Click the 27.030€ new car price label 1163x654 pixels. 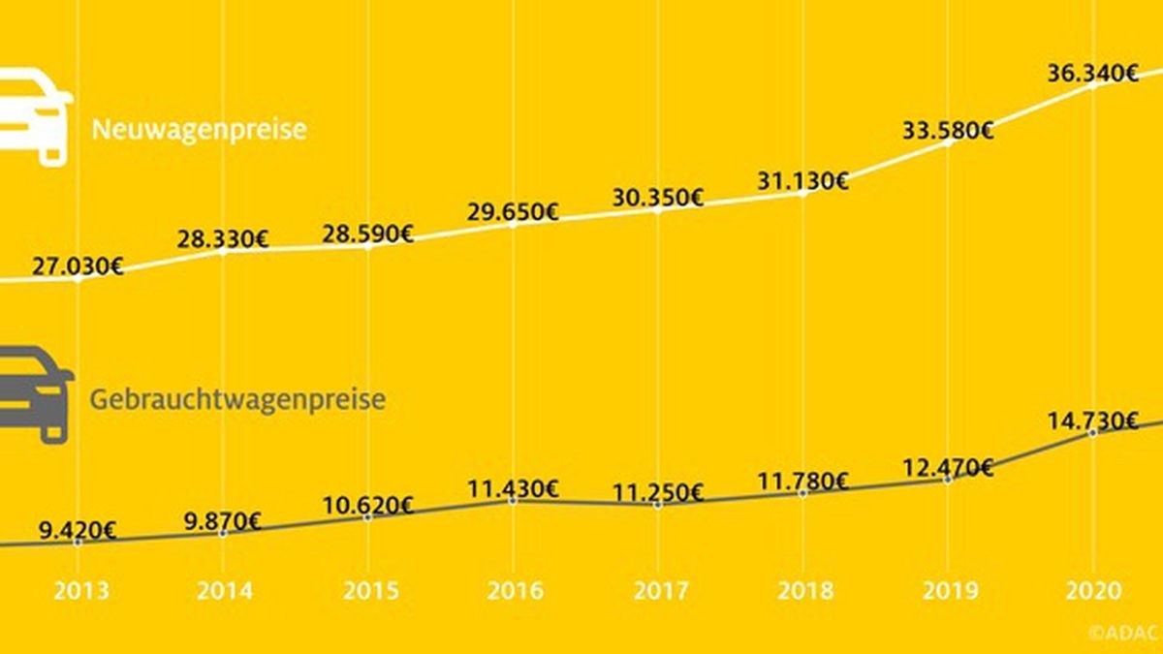pyautogui.click(x=77, y=266)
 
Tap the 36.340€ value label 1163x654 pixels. pyautogui.click(x=1092, y=73)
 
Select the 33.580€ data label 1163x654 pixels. pyautogui.click(x=947, y=130)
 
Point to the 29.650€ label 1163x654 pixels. pyautogui.click(x=512, y=212)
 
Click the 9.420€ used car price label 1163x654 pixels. pyautogui.click(x=77, y=530)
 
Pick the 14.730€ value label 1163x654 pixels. pyautogui.click(x=1092, y=420)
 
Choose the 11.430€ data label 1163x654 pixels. pyautogui.click(x=512, y=487)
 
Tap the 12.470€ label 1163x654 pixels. pyautogui.click(x=947, y=468)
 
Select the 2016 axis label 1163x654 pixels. pyautogui.click(x=514, y=591)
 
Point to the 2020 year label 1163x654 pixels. pyautogui.click(x=1093, y=591)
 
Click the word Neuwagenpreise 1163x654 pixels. pyautogui.click(x=199, y=130)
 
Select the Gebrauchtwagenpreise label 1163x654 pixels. pyautogui.click(x=237, y=399)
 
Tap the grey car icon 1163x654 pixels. pyautogui.click(x=35, y=392)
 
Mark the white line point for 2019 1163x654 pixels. pyautogui.click(x=948, y=142)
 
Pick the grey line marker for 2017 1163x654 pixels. pyautogui.click(x=658, y=505)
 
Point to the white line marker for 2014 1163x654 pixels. pyautogui.click(x=223, y=251)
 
